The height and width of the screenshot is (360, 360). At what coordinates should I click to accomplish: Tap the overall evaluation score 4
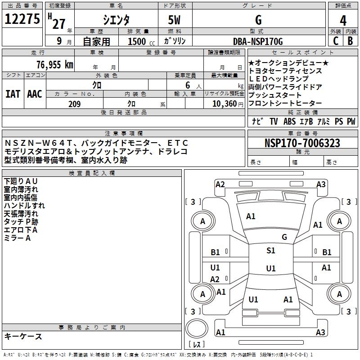pyautogui.click(x=343, y=20)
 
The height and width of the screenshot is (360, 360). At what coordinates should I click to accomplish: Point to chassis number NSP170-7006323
pyautogui.click(x=302, y=143)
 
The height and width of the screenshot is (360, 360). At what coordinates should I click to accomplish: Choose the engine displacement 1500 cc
pyautogui.click(x=137, y=41)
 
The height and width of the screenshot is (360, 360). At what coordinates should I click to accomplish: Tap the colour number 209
pyautogui.click(x=74, y=104)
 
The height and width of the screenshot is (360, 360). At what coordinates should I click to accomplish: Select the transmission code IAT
pyautogui.click(x=13, y=94)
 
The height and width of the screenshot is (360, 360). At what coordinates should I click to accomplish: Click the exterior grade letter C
pyautogui.click(x=335, y=40)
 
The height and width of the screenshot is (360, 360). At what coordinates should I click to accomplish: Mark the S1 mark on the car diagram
pyautogui.click(x=270, y=251)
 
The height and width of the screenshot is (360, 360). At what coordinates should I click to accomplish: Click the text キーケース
pyautogui.click(x=23, y=337)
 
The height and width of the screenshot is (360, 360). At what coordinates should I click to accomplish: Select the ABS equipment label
pyautogui.click(x=289, y=121)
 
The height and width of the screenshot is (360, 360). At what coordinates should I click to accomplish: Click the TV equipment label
pyautogui.click(x=274, y=121)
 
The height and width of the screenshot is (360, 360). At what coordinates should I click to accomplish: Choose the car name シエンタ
pyautogui.click(x=116, y=20)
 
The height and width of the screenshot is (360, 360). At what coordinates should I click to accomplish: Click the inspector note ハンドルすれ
pyautogui.click(x=24, y=206)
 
